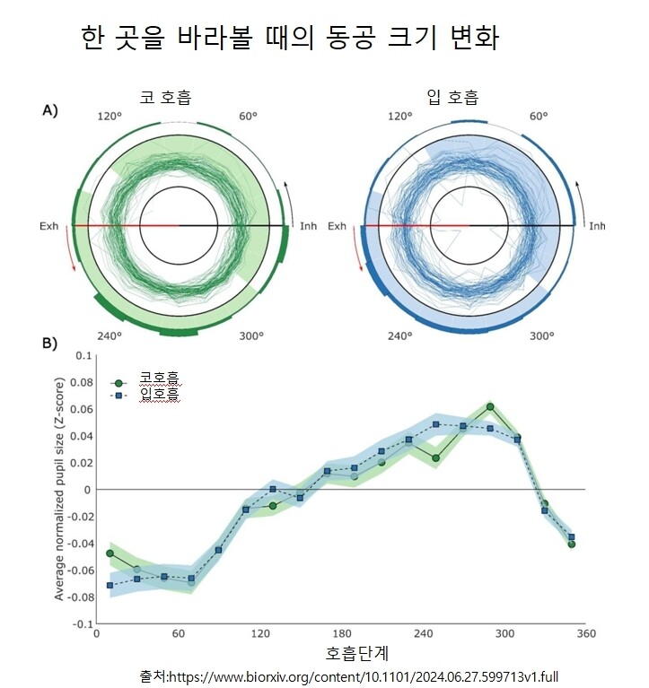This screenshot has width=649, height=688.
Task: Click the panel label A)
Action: click(50, 110)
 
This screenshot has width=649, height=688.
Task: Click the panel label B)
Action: click(50, 343)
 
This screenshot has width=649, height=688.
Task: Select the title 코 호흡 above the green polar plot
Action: click(166, 96)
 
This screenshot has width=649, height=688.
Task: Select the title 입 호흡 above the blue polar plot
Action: click(452, 96)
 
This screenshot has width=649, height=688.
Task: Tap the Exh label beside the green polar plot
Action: click(48, 226)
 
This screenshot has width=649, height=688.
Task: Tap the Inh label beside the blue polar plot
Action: click(596, 226)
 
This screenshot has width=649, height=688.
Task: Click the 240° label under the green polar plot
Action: click(110, 336)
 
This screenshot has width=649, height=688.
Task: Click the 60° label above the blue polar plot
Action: click(538, 117)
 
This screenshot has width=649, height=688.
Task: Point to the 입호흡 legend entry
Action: click(160, 395)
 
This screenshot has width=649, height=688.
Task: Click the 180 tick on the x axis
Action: click(342, 634)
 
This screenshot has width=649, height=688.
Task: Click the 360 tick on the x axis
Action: click(586, 634)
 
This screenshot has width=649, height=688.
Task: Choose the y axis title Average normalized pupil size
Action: click(59, 489)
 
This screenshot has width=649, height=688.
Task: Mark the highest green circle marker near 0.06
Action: click(490, 406)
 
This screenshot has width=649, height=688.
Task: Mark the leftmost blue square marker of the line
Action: click(110, 586)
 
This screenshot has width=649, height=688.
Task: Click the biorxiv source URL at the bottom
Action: click(363, 675)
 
